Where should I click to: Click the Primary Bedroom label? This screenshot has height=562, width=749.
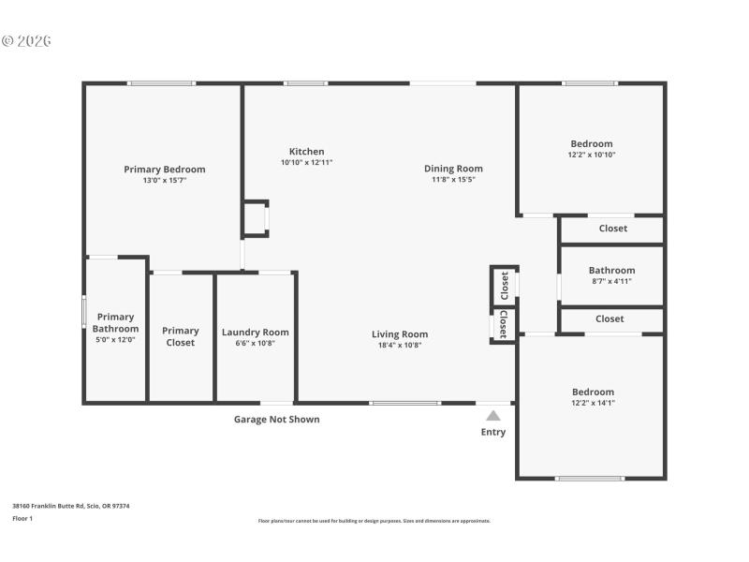click(x=164, y=170)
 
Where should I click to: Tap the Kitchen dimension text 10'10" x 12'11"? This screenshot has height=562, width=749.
click(x=306, y=162)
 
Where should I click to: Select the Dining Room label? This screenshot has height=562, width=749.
click(x=453, y=169)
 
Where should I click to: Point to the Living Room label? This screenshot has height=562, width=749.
click(x=400, y=334)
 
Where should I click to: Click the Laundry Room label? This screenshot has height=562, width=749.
click(x=255, y=332)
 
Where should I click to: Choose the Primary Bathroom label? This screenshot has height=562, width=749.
click(x=115, y=323)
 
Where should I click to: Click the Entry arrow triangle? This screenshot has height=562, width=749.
click(x=493, y=416)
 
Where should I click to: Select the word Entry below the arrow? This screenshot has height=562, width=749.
click(x=493, y=432)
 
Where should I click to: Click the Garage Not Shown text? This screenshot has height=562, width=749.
click(x=276, y=420)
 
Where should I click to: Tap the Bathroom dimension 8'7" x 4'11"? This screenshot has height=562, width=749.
click(x=611, y=281)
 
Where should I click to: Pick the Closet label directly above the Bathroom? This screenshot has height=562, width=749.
click(x=612, y=229)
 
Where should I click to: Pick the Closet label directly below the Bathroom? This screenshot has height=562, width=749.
click(x=609, y=319)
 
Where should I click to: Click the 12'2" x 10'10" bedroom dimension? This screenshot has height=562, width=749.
click(x=591, y=155)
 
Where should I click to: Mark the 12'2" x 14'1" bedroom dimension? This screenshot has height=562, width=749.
click(x=593, y=403)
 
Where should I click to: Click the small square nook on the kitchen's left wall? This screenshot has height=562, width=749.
click(x=255, y=218)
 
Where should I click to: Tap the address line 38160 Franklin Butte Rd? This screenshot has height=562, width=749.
click(x=70, y=506)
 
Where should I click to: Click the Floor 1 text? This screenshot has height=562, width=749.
click(x=22, y=518)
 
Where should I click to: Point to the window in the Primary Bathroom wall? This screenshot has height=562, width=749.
click(x=84, y=312)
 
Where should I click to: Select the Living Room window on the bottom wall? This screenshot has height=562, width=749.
click(x=404, y=403)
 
